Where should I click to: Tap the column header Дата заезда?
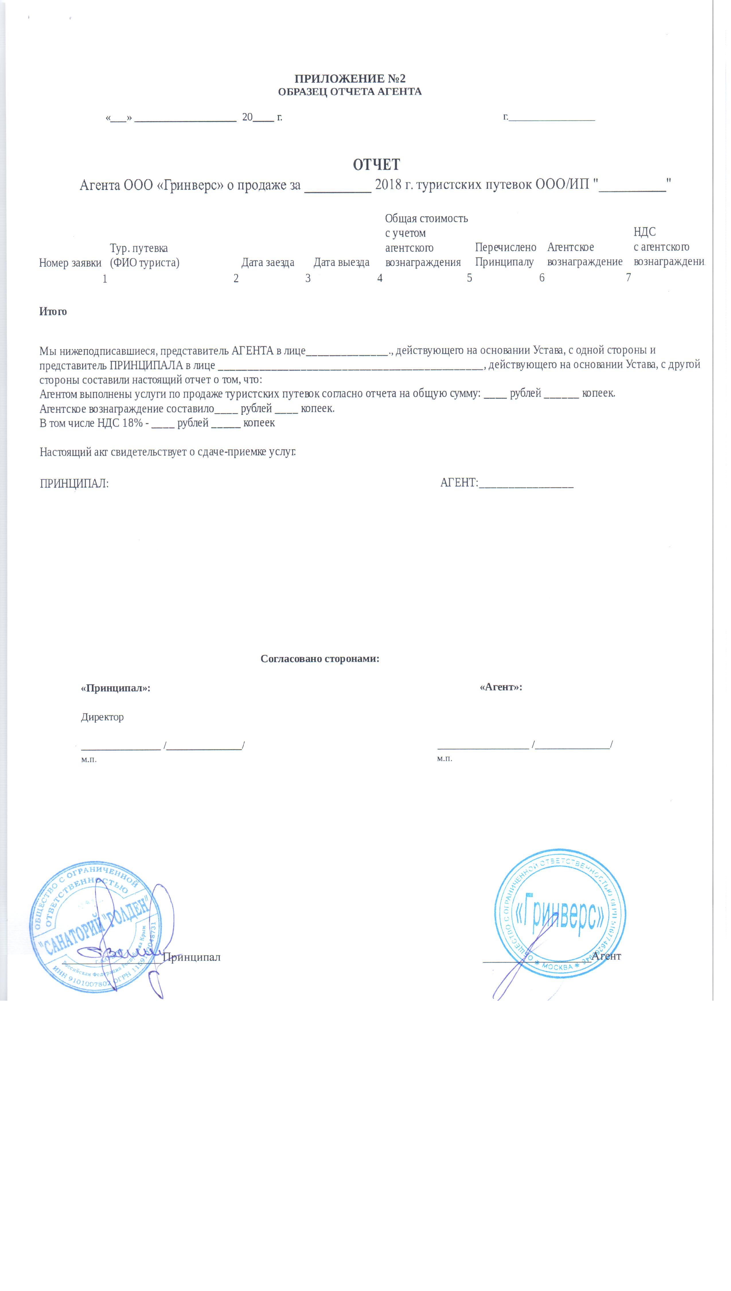point(268,262)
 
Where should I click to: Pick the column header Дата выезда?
point(341,262)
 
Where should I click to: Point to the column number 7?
point(628,277)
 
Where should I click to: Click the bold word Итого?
point(53,311)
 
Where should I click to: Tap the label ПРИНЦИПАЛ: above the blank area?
point(74,484)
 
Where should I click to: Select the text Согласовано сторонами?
point(320,658)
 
